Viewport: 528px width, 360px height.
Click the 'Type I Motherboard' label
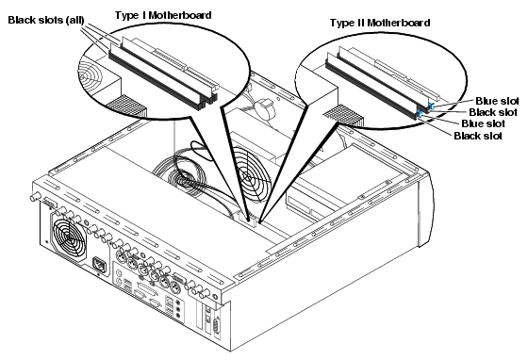coord(163,15)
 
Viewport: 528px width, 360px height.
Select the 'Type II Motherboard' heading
coord(380,23)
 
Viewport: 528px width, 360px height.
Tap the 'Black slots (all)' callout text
coord(46,20)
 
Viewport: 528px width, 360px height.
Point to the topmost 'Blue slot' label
coord(497,101)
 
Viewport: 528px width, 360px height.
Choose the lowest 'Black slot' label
coord(478,136)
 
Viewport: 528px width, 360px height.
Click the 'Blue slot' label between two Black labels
coord(483,123)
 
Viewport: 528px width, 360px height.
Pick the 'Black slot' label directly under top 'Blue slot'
coord(493,112)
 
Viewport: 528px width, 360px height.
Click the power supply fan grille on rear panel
coord(69,238)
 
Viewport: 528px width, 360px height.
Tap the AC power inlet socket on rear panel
coord(100,264)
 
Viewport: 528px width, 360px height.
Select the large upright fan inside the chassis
coord(251,175)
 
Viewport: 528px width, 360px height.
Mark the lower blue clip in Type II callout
coord(420,113)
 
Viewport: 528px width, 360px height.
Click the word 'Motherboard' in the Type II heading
coord(399,23)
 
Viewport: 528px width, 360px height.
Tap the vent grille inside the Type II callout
coord(343,114)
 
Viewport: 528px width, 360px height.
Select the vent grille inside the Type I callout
coord(126,106)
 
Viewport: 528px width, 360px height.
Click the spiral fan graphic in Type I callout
coord(90,74)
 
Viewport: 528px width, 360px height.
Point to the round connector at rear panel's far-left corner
coord(35,197)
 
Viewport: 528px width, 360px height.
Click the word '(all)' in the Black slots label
coord(75,20)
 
